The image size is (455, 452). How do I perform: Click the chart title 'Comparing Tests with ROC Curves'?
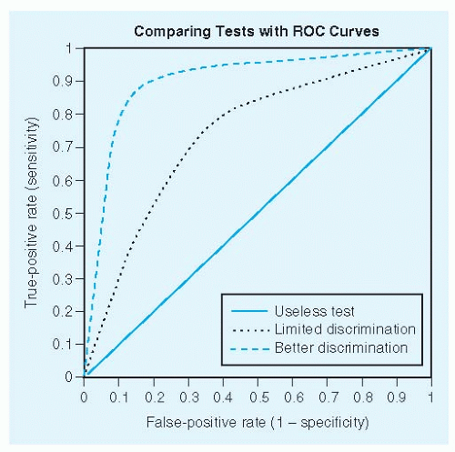[x=257, y=31]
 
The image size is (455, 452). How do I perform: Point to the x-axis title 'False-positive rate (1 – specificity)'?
[x=257, y=424]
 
